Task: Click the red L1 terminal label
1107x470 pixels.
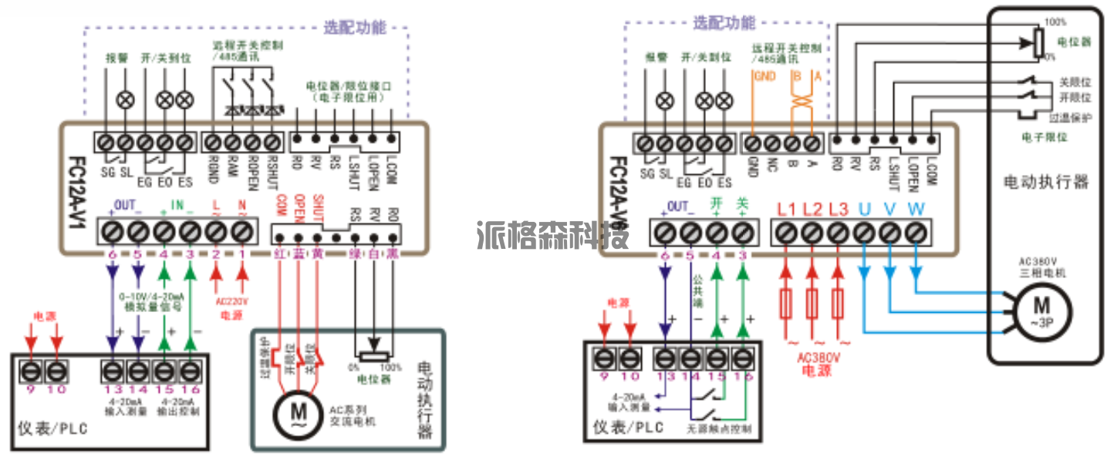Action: tap(786, 209)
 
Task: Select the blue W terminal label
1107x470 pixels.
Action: tap(916, 209)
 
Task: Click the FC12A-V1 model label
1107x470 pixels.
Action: tap(76, 186)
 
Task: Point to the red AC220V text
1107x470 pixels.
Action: tap(229, 304)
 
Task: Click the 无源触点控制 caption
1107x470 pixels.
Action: tap(718, 428)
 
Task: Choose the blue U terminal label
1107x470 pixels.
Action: tap(865, 209)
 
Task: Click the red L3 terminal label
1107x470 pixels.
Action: tap(838, 209)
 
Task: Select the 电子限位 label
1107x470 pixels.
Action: tap(1045, 136)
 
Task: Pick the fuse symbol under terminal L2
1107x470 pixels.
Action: tap(812, 304)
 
